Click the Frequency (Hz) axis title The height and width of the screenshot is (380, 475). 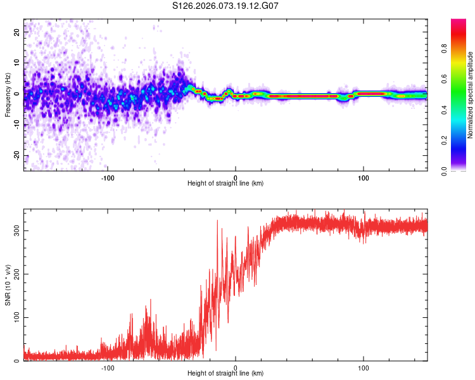pos(8,95)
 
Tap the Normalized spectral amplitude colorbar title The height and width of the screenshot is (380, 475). pos(471,95)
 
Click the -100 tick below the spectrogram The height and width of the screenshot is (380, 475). pos(107,177)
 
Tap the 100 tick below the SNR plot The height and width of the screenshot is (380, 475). pos(364,367)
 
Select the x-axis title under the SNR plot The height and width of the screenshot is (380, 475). pos(225,374)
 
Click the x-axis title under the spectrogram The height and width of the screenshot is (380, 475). pos(225,184)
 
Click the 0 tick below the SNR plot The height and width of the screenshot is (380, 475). pos(236,367)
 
